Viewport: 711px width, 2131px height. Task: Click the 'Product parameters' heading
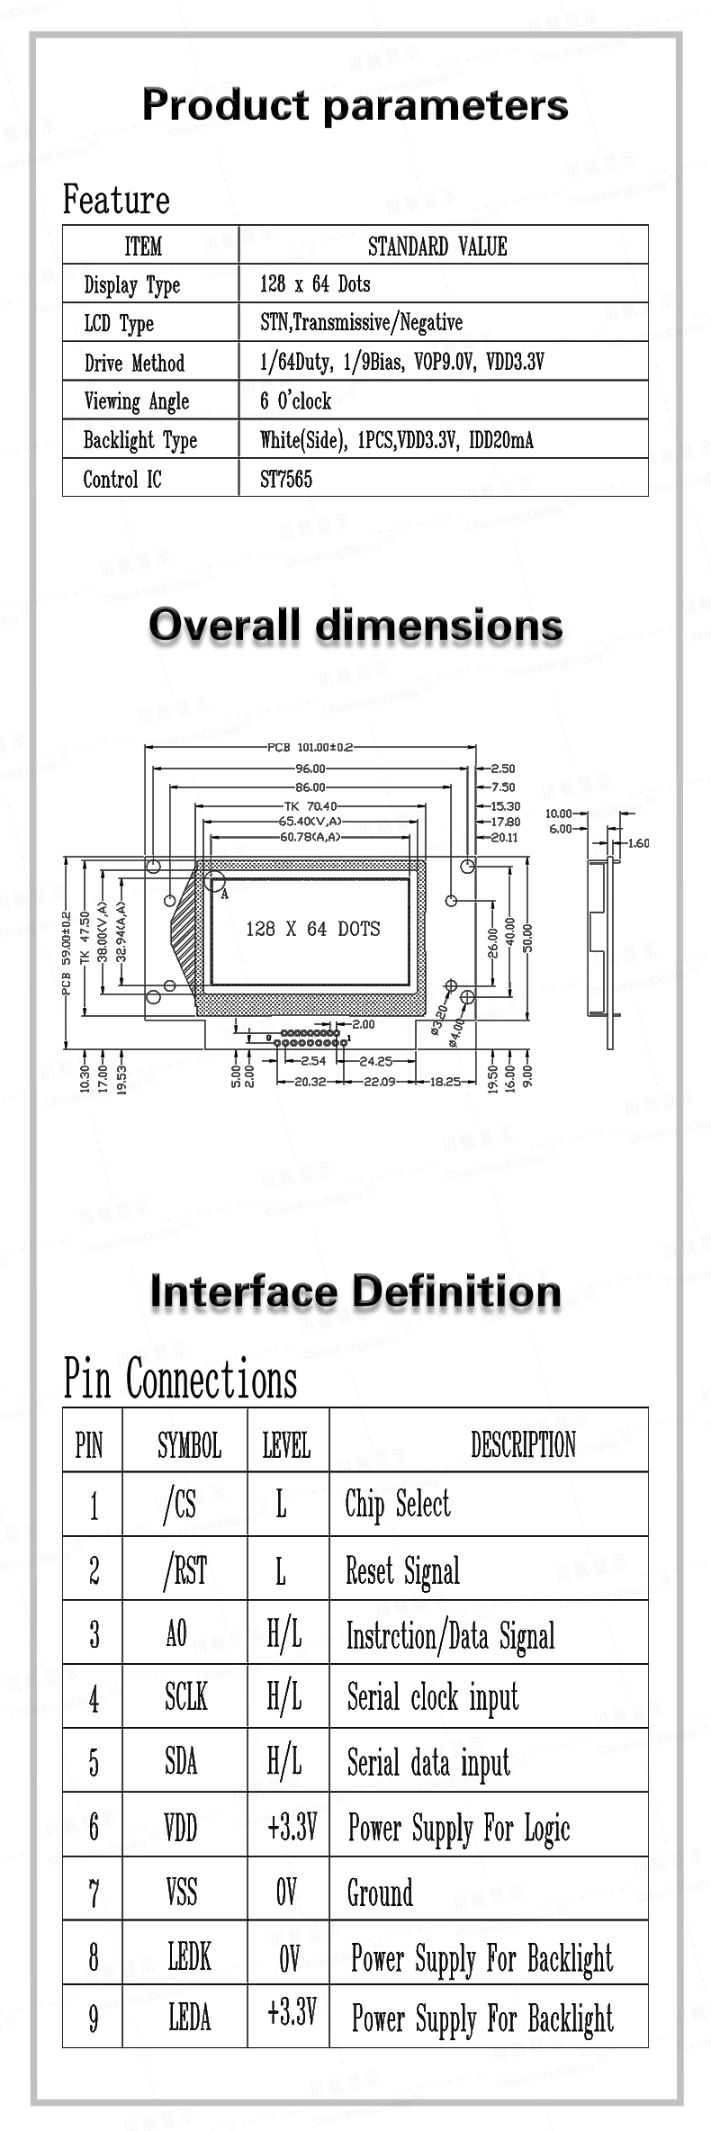[x=355, y=105]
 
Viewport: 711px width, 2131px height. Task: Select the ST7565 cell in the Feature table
[x=286, y=479]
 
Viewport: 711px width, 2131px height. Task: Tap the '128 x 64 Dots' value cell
[x=315, y=284]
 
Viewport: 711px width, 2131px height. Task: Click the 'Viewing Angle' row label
[x=137, y=401]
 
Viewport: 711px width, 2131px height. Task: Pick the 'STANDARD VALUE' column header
[x=437, y=246]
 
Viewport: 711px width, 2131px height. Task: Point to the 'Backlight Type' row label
[x=140, y=440]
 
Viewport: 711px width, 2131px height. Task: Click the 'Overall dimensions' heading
[x=355, y=625]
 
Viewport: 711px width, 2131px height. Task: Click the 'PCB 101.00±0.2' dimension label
[x=310, y=747]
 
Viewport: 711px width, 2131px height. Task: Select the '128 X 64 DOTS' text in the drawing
[x=313, y=929]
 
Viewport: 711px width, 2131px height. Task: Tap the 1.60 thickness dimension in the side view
[x=638, y=843]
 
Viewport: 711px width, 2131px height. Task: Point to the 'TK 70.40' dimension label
[x=310, y=806]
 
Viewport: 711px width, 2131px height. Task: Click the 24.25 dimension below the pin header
[x=375, y=1061]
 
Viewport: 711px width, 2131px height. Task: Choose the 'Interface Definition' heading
[x=355, y=1291]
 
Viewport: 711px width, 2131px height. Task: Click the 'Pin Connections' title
[x=180, y=1380]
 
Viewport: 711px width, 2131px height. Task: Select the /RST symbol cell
[x=185, y=1570]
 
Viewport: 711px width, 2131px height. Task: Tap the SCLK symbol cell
[x=185, y=1697]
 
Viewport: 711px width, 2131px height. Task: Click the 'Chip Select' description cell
[x=398, y=1505]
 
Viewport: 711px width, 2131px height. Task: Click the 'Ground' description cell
[x=381, y=1893]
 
